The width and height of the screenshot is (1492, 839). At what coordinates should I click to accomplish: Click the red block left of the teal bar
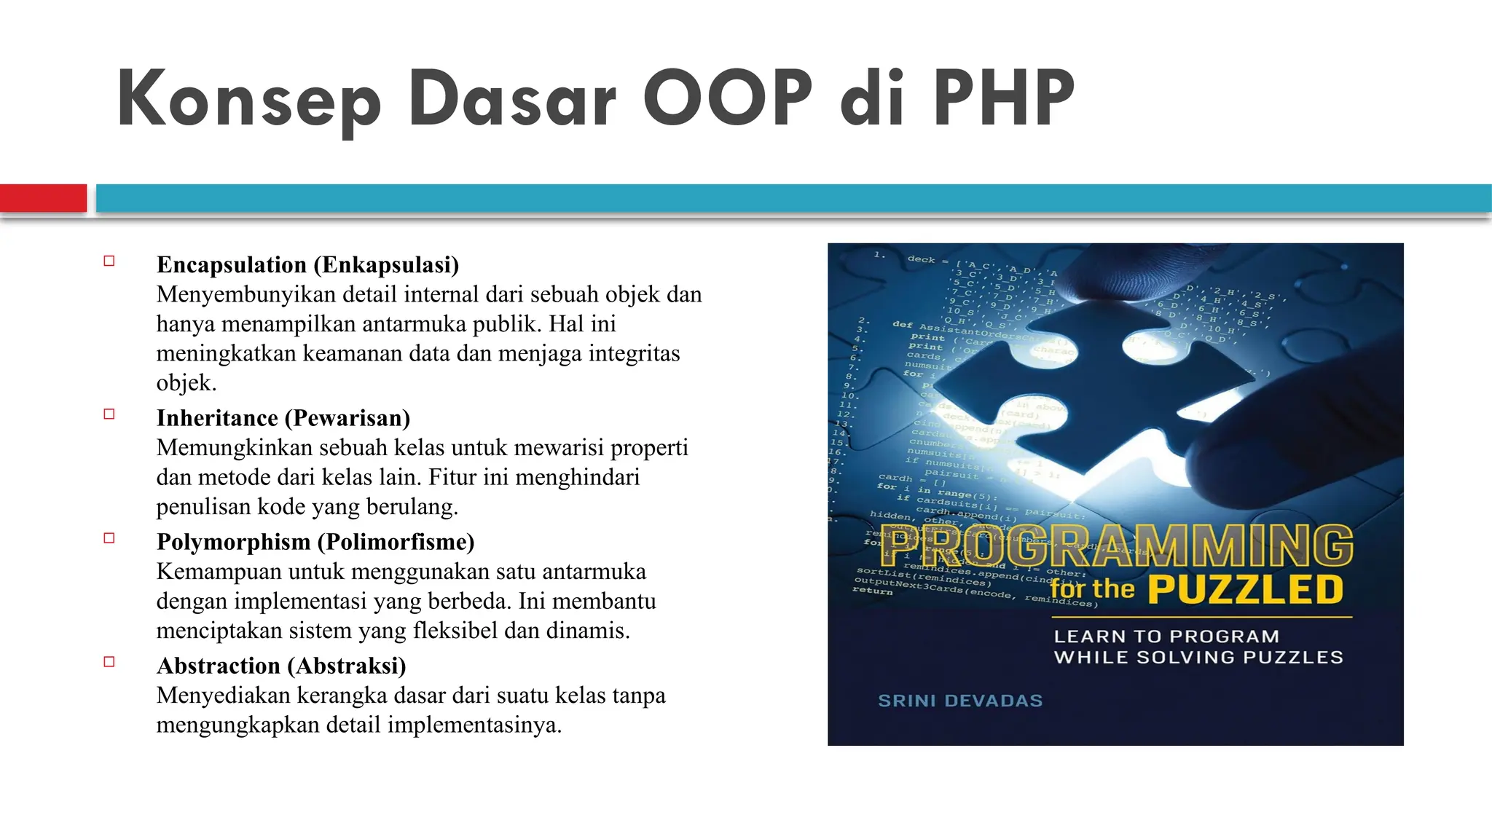(x=43, y=198)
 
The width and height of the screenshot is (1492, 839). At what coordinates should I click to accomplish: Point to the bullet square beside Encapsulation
(x=109, y=261)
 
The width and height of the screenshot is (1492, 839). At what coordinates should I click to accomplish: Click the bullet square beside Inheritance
(x=109, y=414)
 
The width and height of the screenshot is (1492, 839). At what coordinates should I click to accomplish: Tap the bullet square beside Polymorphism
(x=109, y=538)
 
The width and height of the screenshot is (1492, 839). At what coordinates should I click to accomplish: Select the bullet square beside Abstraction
(x=109, y=662)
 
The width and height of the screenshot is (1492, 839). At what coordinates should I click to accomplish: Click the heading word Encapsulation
(x=232, y=265)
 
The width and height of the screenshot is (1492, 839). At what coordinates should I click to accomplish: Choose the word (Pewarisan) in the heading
(x=348, y=418)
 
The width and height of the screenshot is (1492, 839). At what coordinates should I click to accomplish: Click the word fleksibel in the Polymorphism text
(x=447, y=630)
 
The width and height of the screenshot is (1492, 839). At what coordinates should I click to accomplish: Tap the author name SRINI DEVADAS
(x=960, y=701)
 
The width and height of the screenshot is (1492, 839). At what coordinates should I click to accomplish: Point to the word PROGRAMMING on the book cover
(x=1118, y=546)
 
